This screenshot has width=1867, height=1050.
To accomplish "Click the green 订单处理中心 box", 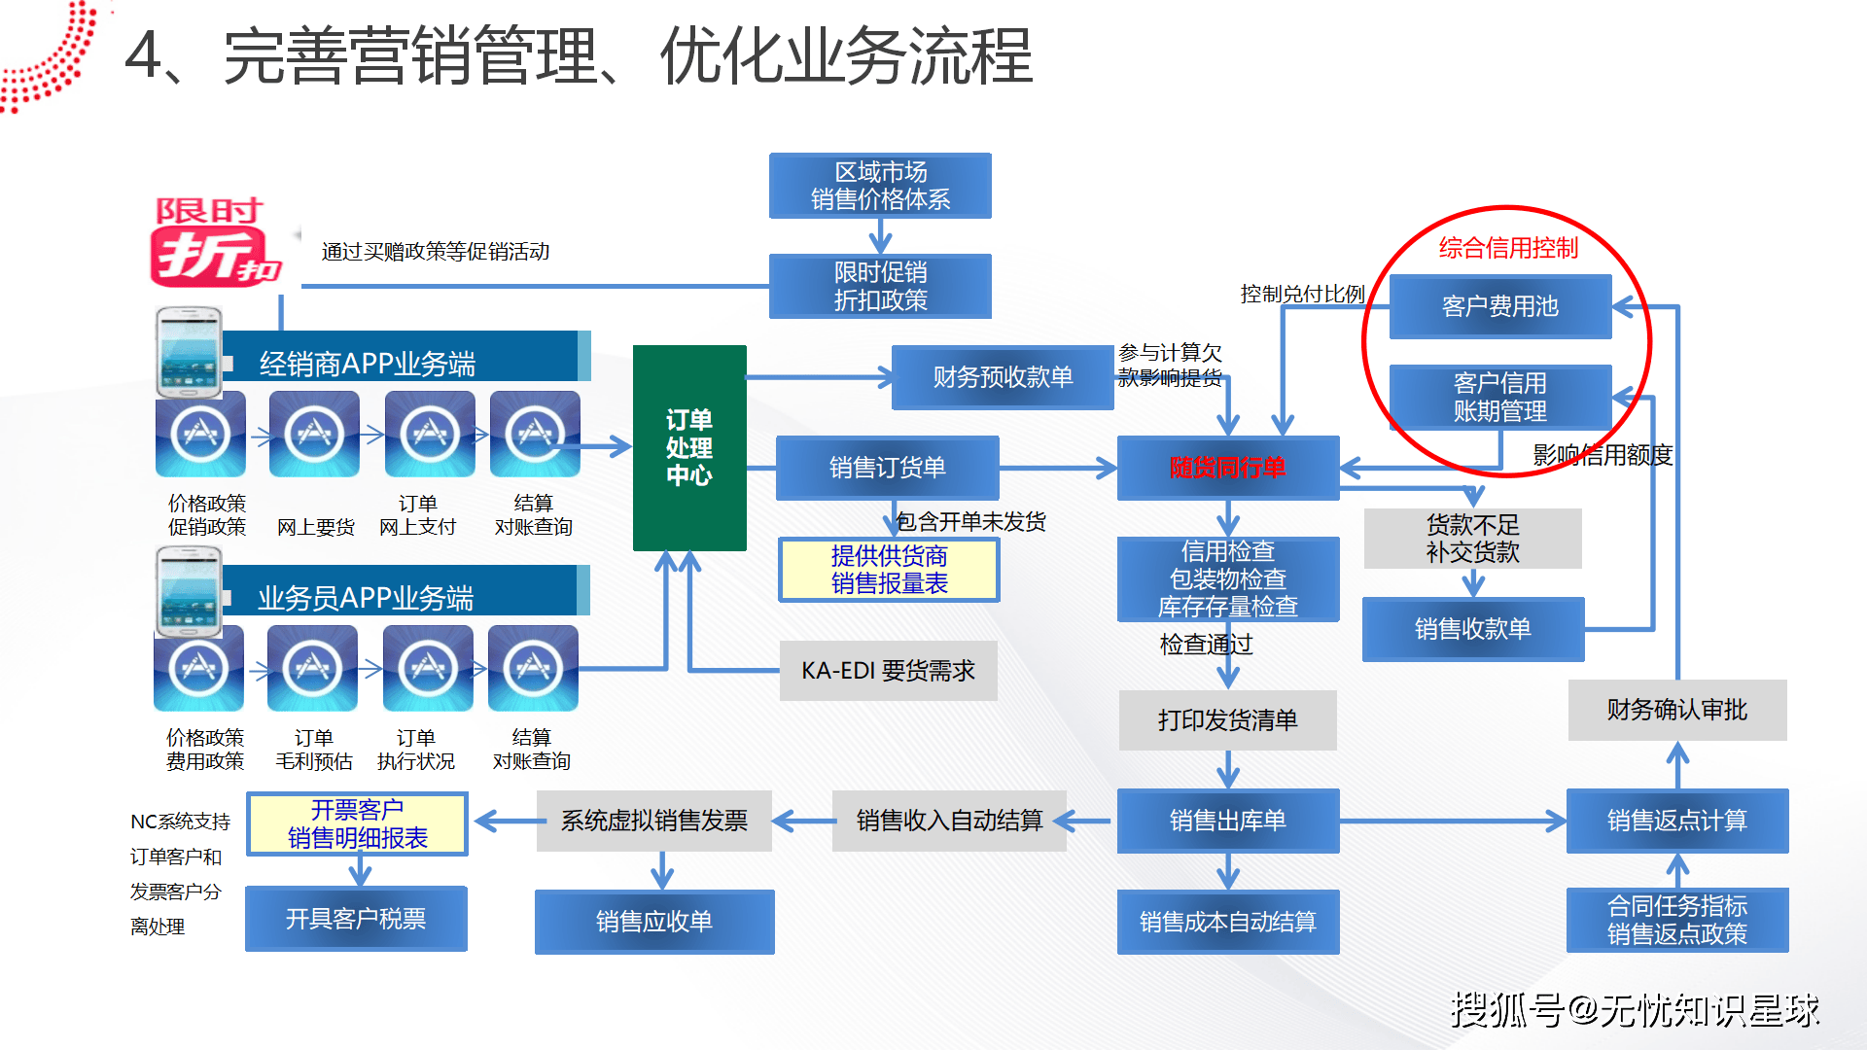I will [689, 447].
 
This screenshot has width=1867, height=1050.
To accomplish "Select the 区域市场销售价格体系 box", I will [880, 186].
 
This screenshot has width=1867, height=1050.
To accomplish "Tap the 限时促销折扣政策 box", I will [880, 286].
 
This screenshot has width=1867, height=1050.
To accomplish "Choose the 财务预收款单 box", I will [1003, 377].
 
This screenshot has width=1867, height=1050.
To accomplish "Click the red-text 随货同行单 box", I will [1228, 468].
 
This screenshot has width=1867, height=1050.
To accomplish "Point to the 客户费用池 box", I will [1499, 306].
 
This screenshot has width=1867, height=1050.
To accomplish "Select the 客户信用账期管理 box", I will [1499, 397].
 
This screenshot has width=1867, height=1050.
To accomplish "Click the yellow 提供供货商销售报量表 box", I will [889, 570].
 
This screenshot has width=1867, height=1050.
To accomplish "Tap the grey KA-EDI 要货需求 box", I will [888, 671].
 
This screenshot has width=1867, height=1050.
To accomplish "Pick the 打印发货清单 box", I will [1227, 720].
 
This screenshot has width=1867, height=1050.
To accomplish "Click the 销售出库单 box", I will [1227, 821].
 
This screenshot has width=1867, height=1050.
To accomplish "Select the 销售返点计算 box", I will [1676, 821].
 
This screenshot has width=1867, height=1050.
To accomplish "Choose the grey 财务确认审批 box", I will [1676, 710].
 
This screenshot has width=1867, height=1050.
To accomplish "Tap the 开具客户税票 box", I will [356, 919].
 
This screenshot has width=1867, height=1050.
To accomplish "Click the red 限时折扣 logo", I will [213, 243].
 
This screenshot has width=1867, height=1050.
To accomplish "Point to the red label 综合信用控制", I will [1508, 248].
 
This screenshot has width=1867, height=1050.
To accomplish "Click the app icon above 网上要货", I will [314, 434].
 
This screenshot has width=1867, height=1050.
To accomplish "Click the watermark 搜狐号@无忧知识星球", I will [1635, 1010].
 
